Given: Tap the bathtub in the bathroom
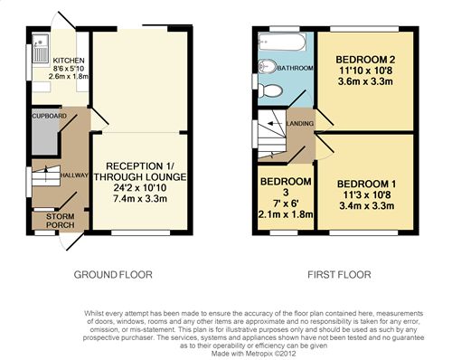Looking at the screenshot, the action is (282, 43).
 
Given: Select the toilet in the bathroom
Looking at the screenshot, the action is (270, 90).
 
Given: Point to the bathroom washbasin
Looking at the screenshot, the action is (267, 66).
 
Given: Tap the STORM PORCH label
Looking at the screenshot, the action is (61, 221).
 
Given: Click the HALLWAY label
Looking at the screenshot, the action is (75, 175).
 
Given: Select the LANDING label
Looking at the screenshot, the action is (300, 123).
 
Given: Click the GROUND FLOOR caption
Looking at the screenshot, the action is (113, 275).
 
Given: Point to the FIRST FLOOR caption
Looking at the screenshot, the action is (339, 275).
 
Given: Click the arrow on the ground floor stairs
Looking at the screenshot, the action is (46, 174).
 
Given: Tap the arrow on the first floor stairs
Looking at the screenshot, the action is (274, 123).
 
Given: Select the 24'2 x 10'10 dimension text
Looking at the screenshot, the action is (140, 188).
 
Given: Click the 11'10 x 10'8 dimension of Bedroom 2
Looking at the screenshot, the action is (366, 71).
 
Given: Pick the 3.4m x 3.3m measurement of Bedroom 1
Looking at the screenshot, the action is (367, 206).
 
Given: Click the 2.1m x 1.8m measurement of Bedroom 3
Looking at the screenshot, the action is (286, 214).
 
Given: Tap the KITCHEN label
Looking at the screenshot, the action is (69, 61).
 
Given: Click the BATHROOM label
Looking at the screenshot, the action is (295, 68).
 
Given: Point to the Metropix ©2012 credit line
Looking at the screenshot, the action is (254, 354).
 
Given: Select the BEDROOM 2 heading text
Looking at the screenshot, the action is (365, 60).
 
